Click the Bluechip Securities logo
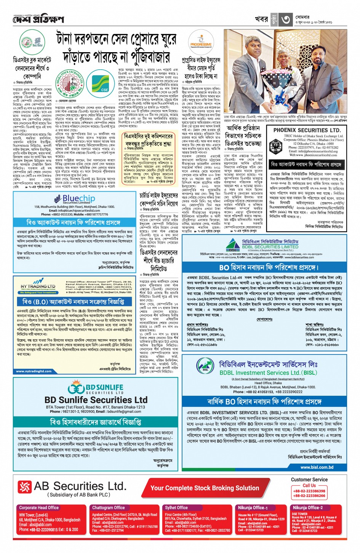tap(74, 199)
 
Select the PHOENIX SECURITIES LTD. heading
tap(307, 130)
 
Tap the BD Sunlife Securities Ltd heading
tap(96, 400)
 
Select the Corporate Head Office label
tap(39, 508)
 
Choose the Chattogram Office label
tap(108, 508)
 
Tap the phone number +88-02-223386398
tap(309, 491)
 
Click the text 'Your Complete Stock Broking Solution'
tap(205, 488)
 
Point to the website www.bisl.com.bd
tap(317, 467)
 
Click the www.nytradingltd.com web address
tap(34, 371)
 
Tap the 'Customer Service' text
tap(309, 479)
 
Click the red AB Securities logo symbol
tap(25, 487)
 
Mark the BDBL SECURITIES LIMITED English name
tap(270, 247)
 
